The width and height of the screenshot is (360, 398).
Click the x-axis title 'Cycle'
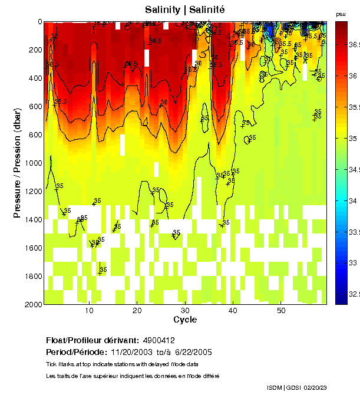(185, 320)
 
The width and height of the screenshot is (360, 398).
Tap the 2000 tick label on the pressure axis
(32, 304)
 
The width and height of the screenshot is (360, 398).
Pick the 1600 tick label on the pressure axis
(32, 248)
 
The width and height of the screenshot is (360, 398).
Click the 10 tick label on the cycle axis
(89, 311)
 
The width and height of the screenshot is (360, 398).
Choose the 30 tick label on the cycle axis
(185, 311)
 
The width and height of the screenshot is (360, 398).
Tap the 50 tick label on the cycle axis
(281, 311)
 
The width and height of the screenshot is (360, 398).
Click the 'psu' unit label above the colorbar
(341, 14)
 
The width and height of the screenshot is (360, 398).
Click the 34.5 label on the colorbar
(353, 170)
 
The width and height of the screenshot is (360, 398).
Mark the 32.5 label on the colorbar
(353, 294)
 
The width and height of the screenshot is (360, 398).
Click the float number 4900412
(158, 341)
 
